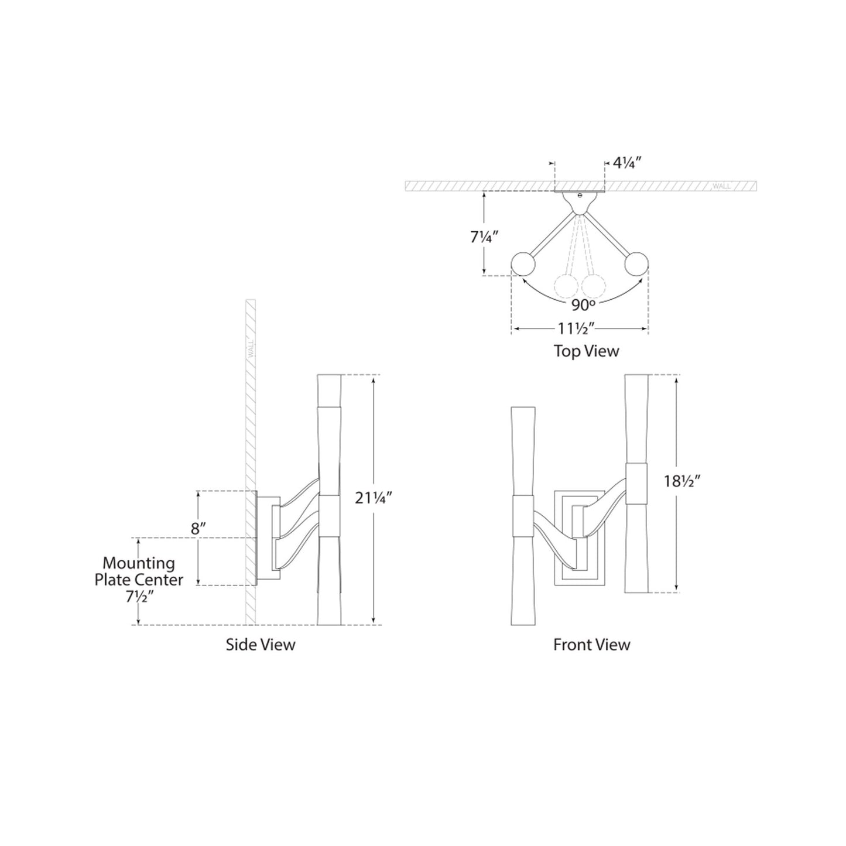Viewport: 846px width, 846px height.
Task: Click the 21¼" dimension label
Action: (374, 498)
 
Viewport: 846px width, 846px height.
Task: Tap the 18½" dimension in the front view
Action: (683, 481)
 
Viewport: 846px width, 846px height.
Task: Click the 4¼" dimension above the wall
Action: (629, 163)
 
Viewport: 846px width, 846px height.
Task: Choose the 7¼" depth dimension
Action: (484, 238)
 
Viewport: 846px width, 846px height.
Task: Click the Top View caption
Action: (586, 351)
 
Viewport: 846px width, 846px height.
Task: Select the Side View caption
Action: (261, 645)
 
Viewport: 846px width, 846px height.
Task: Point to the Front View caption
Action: (591, 645)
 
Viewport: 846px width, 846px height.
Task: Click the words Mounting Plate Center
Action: (139, 571)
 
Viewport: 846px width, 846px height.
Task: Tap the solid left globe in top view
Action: (523, 264)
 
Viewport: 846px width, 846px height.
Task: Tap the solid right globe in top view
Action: (636, 264)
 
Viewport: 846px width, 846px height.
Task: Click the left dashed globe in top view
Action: (566, 286)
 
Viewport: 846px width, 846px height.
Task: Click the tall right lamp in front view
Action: (637, 483)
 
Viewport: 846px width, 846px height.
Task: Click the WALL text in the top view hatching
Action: (721, 187)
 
